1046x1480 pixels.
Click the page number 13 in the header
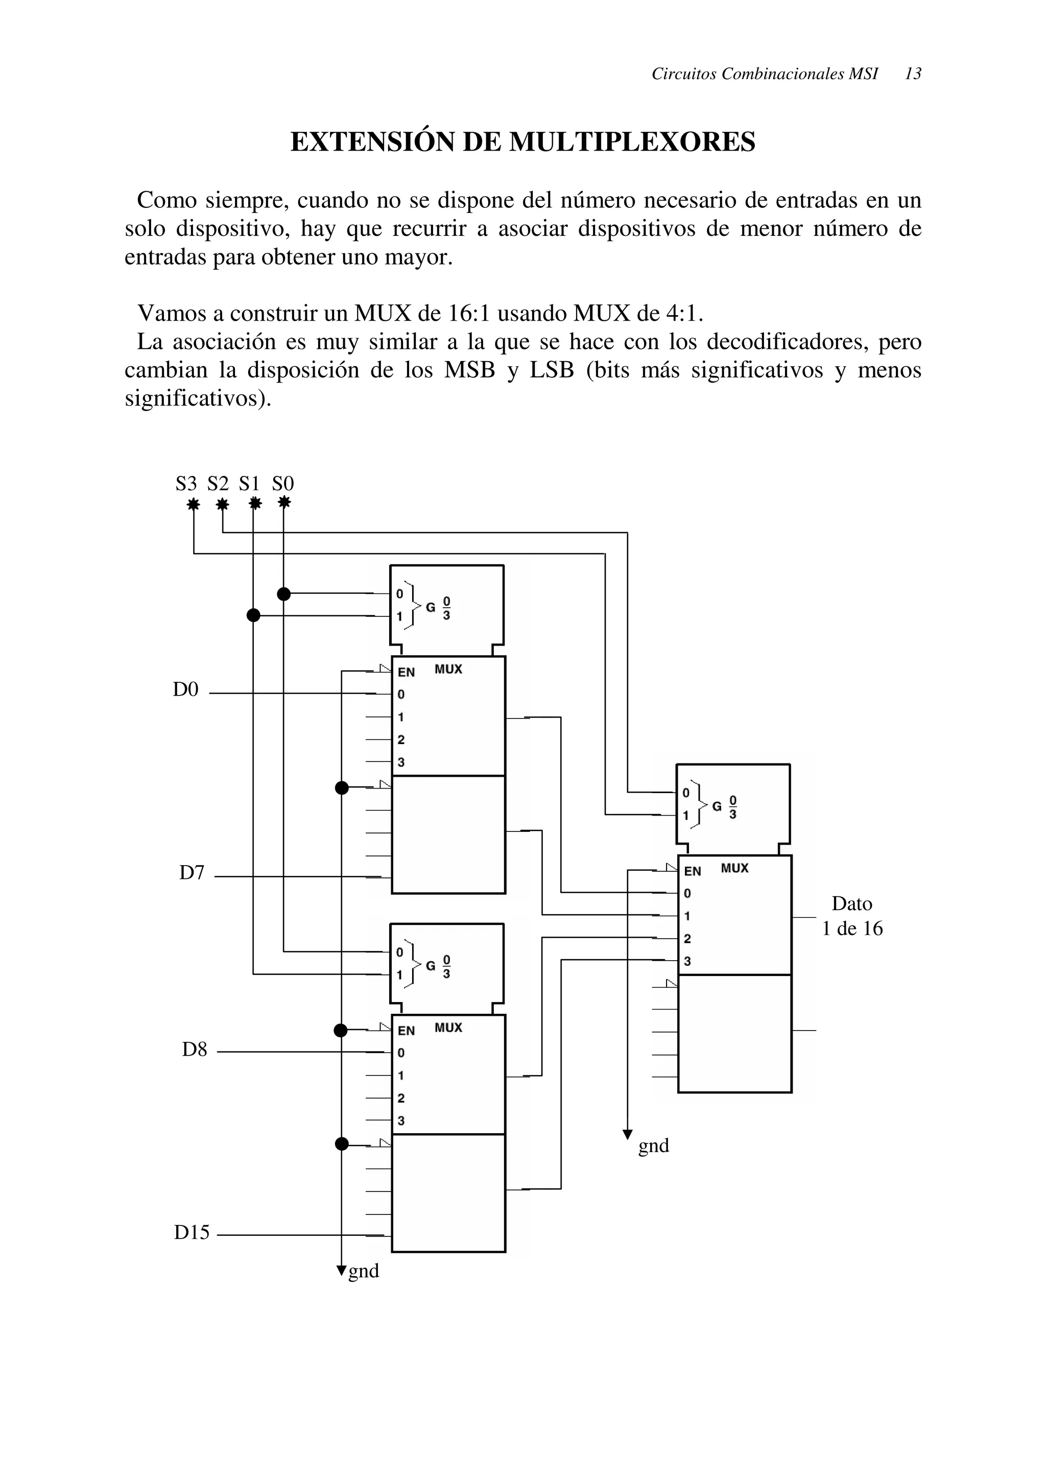click(x=913, y=74)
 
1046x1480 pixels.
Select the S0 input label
click(x=283, y=484)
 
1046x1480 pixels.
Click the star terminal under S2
click(x=222, y=504)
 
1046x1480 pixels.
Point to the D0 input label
click(x=185, y=690)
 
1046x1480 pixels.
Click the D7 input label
click(x=192, y=873)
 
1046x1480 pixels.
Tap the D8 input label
click(x=194, y=1050)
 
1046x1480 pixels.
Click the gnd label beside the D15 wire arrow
click(x=364, y=1271)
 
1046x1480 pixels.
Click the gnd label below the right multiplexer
click(x=654, y=1145)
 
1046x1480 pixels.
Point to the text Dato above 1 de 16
click(x=851, y=904)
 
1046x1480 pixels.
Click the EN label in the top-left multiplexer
click(x=406, y=672)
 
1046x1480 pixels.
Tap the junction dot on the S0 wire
click(x=283, y=593)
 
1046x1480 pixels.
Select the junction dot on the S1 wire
click(x=253, y=615)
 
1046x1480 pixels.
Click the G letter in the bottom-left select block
click(x=430, y=966)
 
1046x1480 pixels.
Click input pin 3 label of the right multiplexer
click(x=687, y=961)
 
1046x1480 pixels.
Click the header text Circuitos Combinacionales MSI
click(x=765, y=74)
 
